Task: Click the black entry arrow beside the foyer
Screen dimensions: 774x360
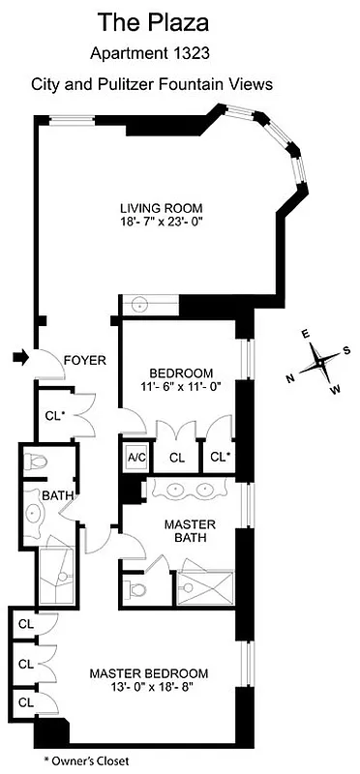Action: click(x=18, y=359)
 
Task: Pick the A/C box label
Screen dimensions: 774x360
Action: click(x=134, y=459)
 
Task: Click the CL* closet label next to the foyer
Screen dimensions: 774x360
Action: click(x=54, y=416)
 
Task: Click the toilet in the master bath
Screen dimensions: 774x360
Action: click(x=135, y=588)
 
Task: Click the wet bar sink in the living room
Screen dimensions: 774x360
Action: click(x=141, y=305)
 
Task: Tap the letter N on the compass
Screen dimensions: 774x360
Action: click(x=289, y=378)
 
